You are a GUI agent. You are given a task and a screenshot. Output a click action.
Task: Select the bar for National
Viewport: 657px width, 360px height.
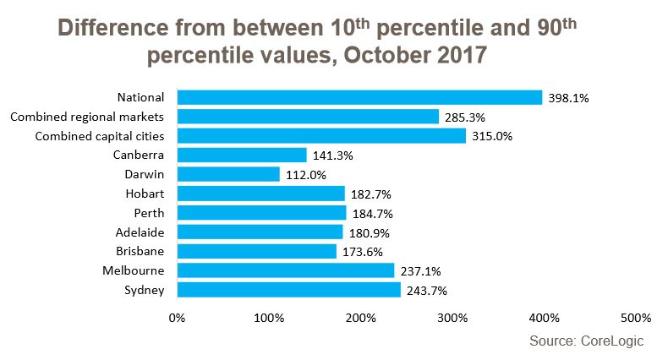(359, 97)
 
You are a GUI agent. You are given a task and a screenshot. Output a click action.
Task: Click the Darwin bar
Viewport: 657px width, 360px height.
(228, 174)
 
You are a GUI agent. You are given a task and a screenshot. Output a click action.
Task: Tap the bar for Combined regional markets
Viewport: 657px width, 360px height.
(308, 117)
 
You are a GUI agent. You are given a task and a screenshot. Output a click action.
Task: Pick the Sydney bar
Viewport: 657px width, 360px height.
(288, 290)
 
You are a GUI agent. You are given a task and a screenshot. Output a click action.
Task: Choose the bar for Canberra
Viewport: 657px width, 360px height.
(242, 155)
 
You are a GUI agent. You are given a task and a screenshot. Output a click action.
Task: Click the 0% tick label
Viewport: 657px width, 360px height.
(177, 319)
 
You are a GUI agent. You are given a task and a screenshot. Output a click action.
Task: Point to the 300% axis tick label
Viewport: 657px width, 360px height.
(452, 319)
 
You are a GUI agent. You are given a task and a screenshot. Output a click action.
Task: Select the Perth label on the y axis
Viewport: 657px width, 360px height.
(149, 213)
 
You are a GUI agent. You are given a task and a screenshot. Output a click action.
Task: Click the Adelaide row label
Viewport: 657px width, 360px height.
(140, 232)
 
